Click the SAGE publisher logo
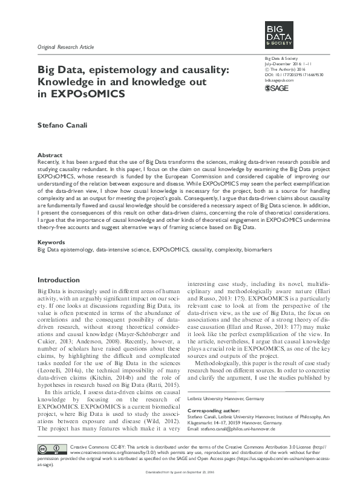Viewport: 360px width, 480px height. [x=278, y=88]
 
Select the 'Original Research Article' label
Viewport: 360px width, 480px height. [x=66, y=47]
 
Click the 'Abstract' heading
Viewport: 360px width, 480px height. [x=50, y=155]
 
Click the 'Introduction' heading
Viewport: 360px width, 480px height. [x=59, y=281]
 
